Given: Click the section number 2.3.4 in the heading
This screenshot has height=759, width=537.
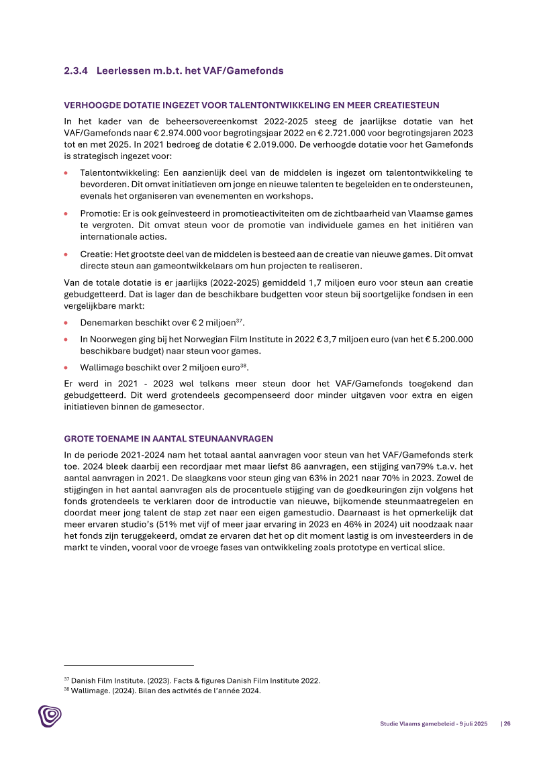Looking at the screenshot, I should [75, 70].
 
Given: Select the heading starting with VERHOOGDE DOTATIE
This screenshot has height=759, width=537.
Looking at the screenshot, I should [252, 106].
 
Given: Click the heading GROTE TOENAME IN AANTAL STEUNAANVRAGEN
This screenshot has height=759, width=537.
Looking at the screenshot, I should [168, 439].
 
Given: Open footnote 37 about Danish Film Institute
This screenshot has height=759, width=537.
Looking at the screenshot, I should [191, 680].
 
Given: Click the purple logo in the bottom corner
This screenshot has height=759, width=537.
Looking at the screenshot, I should [50, 716].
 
